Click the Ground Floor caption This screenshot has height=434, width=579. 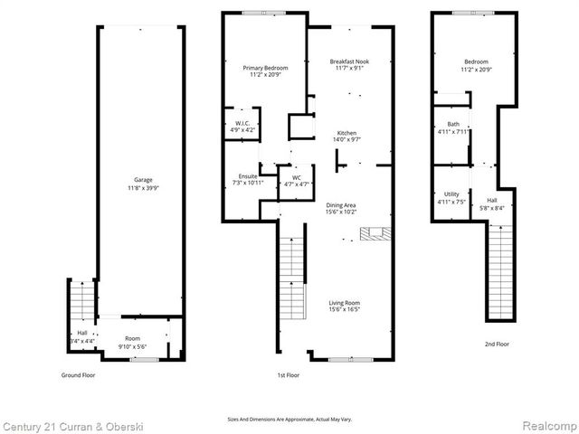[79, 373]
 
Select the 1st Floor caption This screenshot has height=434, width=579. [289, 373]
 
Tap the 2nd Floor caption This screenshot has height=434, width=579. [497, 344]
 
